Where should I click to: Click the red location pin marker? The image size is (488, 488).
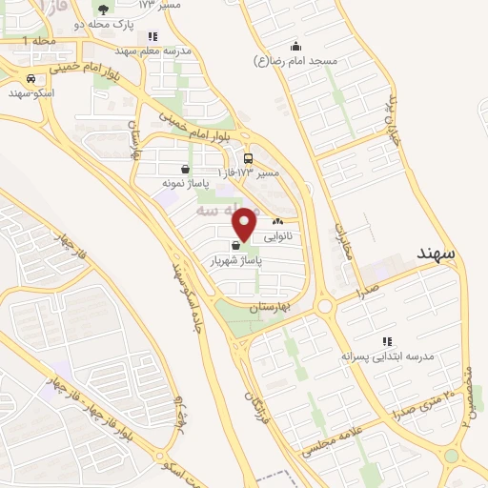click(x=245, y=223)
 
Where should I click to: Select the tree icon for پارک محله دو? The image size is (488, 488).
click(x=103, y=10)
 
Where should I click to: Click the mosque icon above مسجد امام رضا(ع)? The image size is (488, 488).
click(x=295, y=46)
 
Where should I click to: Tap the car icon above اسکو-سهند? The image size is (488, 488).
click(x=31, y=79)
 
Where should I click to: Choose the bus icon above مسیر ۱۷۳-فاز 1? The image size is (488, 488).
click(x=248, y=158)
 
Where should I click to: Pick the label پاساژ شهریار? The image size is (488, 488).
click(x=235, y=258)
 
